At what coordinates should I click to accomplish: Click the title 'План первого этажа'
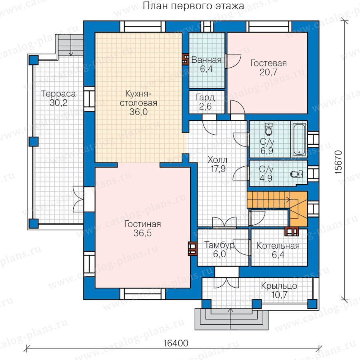click(193, 6)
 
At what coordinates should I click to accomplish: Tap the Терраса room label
click(58, 94)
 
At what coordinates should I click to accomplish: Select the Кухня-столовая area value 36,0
click(138, 112)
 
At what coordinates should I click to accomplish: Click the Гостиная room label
click(142, 224)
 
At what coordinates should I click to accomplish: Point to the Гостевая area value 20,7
click(268, 72)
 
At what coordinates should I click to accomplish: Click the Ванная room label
click(206, 60)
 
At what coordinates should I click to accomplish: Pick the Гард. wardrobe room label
click(206, 98)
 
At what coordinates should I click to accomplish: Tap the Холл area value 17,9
click(218, 169)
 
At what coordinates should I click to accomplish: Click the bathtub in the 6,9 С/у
click(299, 139)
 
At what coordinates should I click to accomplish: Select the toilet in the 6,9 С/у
click(268, 129)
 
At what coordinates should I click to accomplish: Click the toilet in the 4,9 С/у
click(296, 174)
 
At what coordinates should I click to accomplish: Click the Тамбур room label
click(219, 245)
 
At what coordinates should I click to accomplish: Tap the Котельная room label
click(278, 246)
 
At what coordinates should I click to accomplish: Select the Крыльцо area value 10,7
click(279, 295)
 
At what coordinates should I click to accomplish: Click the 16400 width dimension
click(176, 344)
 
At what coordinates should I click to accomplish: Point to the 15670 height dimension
click(338, 162)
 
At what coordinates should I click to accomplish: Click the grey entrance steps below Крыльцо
click(232, 319)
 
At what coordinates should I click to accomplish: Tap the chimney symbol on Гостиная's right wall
click(192, 249)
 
